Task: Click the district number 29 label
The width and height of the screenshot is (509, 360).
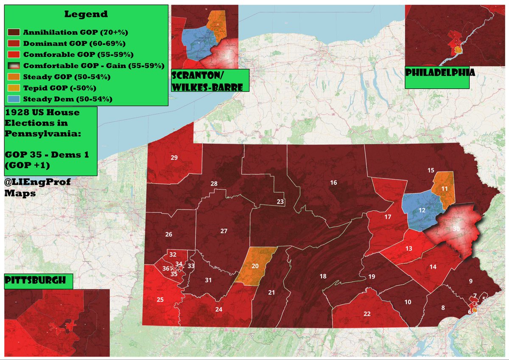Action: click(173, 158)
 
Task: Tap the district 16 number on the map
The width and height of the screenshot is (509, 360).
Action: click(333, 182)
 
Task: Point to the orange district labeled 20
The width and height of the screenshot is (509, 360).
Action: click(255, 266)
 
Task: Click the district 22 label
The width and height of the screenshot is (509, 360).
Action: click(367, 314)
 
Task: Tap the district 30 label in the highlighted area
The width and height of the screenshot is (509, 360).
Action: click(456, 229)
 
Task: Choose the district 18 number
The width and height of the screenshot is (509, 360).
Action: click(323, 276)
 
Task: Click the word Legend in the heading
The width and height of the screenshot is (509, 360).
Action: click(86, 14)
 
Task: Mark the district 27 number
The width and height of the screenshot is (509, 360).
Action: click(224, 231)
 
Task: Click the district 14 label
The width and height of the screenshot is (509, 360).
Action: click(433, 267)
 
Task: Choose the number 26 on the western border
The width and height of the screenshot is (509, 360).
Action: click(169, 234)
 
